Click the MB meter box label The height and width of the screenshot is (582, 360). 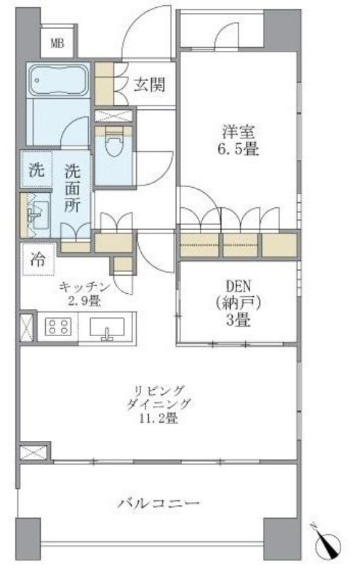pyautogui.click(x=57, y=44)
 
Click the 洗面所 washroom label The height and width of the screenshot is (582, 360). pyautogui.click(x=73, y=188)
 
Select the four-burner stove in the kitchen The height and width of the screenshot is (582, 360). pyautogui.click(x=57, y=327)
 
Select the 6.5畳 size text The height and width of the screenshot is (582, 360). pyautogui.click(x=240, y=151)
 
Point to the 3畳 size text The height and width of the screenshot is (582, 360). pyautogui.click(x=238, y=317)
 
